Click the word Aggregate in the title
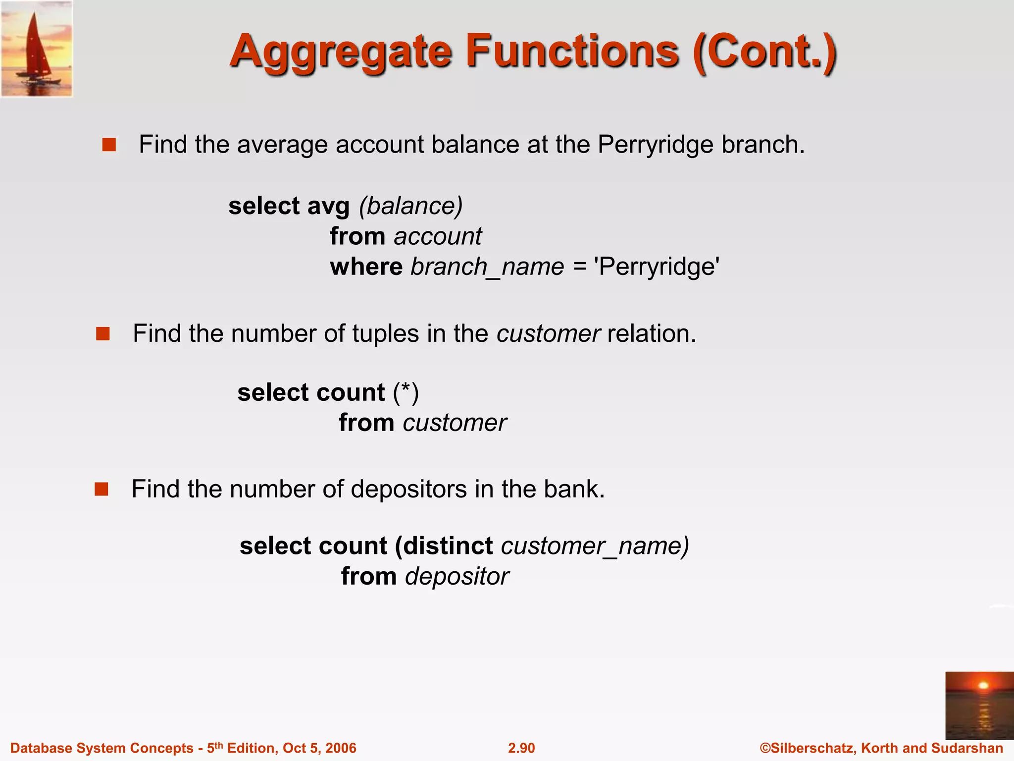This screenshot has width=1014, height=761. [x=341, y=53]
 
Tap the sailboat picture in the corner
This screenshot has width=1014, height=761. [x=37, y=49]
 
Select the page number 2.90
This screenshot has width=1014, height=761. [x=521, y=748]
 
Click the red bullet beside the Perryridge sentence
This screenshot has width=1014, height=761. [x=109, y=145]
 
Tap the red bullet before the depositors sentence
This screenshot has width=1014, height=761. [x=101, y=489]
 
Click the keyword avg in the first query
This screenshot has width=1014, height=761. [x=328, y=206]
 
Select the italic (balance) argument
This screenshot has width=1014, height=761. [x=411, y=206]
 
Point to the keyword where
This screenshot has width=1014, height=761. [x=366, y=267]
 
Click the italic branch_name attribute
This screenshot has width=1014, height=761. [x=487, y=267]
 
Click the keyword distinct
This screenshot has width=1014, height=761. [x=448, y=546]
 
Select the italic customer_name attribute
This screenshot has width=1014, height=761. [x=594, y=546]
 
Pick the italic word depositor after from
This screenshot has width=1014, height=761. [x=457, y=577]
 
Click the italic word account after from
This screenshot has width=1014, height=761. [x=438, y=236]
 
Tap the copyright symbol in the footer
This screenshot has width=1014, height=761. [x=765, y=748]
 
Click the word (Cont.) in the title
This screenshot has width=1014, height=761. [x=765, y=53]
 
